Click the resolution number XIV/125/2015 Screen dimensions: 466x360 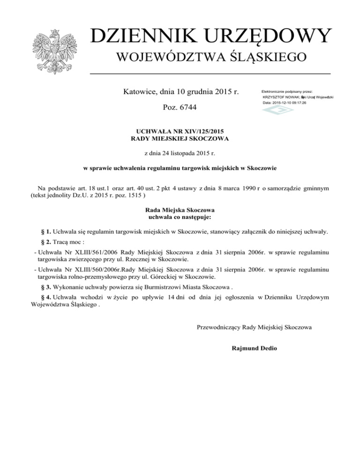[x=198, y=132]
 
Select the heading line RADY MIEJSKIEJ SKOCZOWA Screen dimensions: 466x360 [x=180, y=139]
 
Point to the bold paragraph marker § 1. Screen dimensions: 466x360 [x=46, y=232]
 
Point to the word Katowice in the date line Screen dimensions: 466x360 [x=140, y=91]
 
